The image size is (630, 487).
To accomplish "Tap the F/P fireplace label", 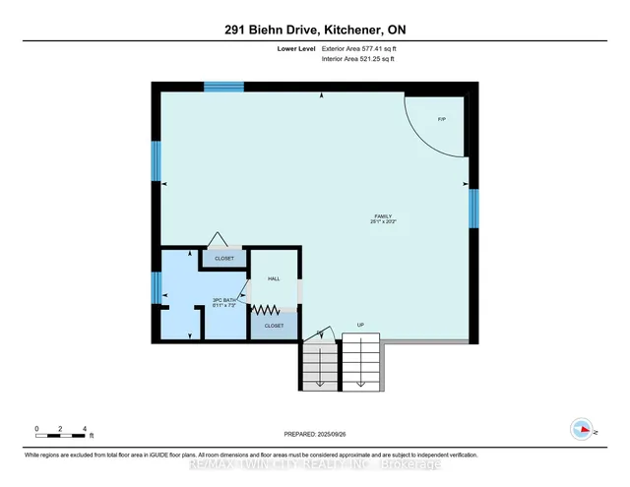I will (442, 119).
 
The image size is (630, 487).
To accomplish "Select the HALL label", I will (274, 278).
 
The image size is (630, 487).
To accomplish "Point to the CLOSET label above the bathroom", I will (225, 259).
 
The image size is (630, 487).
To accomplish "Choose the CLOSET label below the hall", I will (274, 326).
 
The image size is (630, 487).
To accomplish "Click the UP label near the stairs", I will (359, 325).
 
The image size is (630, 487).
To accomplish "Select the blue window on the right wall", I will (473, 208).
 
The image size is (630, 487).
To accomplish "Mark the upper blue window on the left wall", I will (155, 160).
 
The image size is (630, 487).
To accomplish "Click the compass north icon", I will (583, 429).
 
